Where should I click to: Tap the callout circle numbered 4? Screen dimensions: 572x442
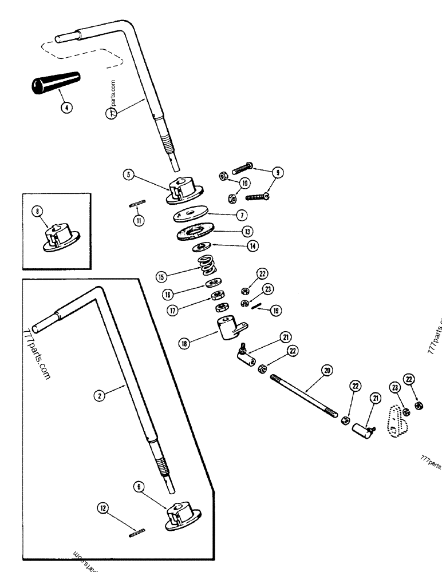[67, 107]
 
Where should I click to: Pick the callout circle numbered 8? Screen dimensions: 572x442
[39, 211]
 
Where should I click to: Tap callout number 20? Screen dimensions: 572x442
[326, 371]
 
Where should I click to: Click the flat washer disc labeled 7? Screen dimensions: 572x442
[191, 216]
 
